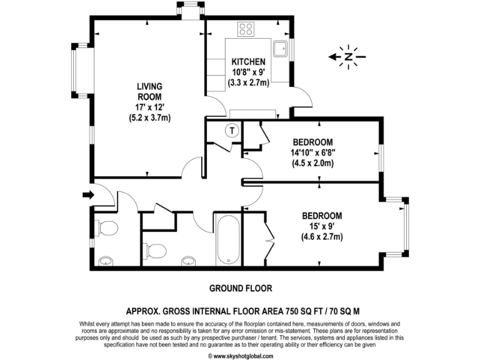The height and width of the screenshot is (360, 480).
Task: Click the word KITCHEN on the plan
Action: (x=249, y=62)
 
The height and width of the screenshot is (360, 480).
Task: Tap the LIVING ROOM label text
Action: (x=149, y=92)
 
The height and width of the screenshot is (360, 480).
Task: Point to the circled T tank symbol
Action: (x=232, y=131)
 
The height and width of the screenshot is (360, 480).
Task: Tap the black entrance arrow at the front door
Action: (x=88, y=195)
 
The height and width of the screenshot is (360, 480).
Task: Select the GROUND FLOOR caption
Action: (x=240, y=288)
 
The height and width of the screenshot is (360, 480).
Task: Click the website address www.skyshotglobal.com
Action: (x=240, y=356)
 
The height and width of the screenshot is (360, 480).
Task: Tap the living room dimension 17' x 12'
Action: (x=149, y=107)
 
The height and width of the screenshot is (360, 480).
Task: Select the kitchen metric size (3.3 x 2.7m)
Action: (x=249, y=82)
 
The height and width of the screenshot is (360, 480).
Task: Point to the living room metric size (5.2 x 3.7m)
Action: (x=149, y=117)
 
